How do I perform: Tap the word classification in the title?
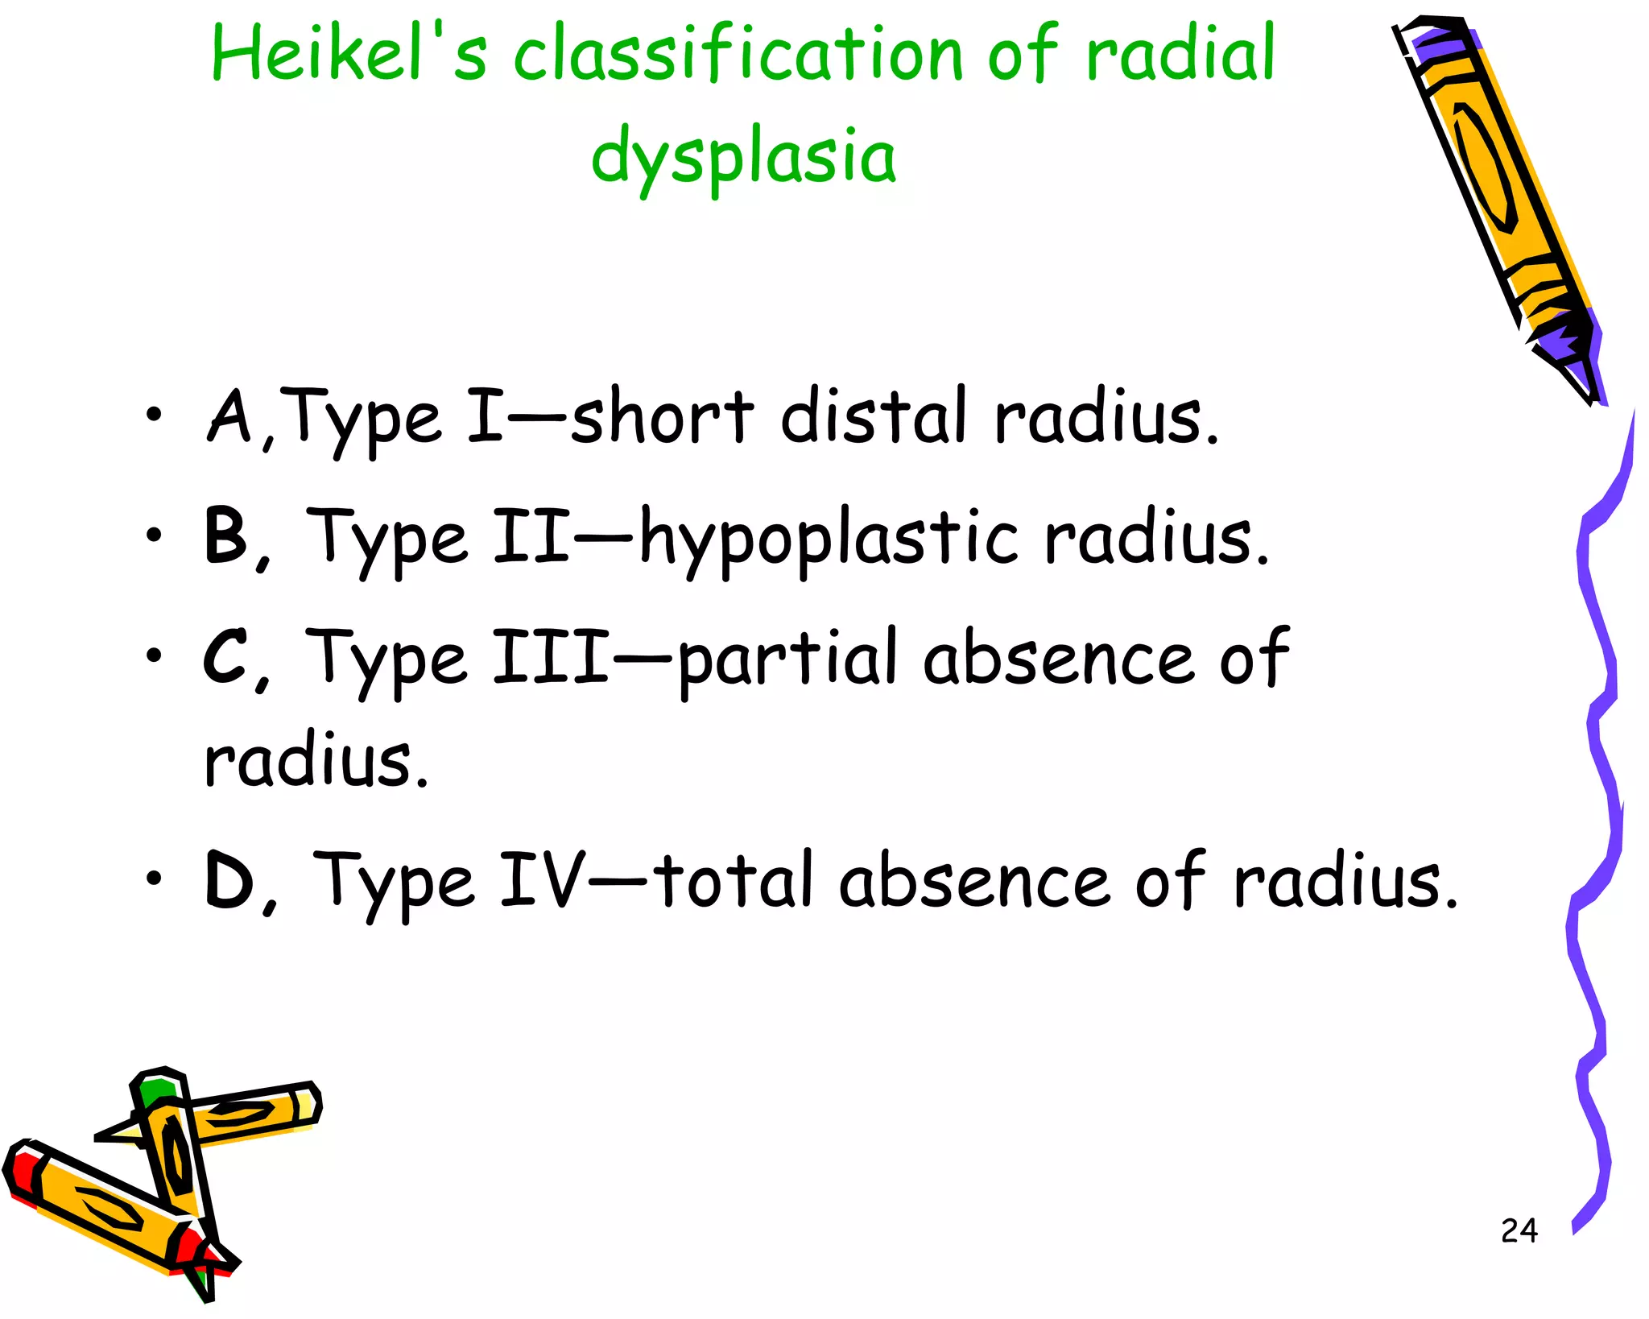[x=738, y=55]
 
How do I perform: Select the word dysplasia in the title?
[x=742, y=156]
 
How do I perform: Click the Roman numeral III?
[x=551, y=657]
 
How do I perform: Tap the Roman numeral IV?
[x=542, y=879]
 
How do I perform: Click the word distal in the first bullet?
[x=873, y=416]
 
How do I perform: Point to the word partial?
[x=787, y=659]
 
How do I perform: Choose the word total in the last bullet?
[x=734, y=879]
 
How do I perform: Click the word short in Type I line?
[x=662, y=416]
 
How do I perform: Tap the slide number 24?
[x=1519, y=1230]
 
